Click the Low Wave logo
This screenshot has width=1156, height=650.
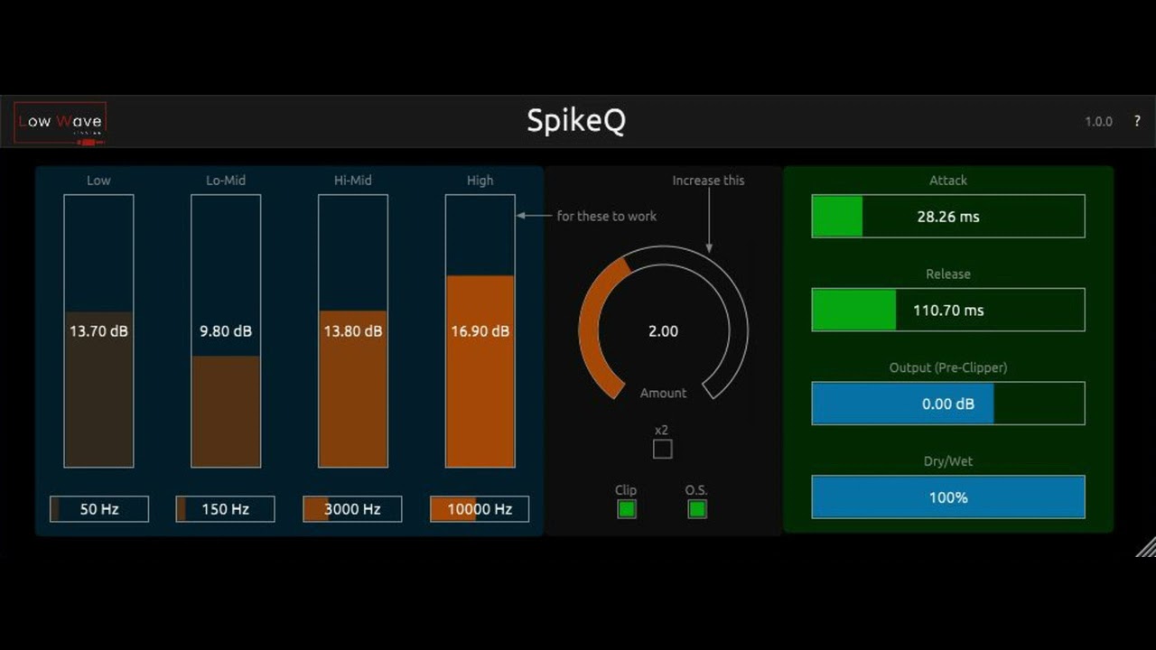pos(61,122)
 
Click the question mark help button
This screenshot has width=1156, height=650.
pos(1137,121)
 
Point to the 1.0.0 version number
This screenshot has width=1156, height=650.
pos(1098,122)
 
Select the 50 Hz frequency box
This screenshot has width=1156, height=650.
pos(99,509)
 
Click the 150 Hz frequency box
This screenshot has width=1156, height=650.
pos(226,509)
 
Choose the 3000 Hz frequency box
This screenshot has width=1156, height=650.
pos(352,509)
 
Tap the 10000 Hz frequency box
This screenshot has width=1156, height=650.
pos(480,509)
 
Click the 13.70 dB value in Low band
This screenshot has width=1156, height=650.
pos(98,331)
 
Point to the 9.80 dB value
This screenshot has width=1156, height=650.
pos(226,331)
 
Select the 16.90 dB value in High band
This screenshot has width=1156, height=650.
pos(480,331)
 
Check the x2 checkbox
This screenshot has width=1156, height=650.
pos(663,449)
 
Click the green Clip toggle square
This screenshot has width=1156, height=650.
pos(626,509)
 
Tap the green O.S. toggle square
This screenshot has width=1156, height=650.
pos(696,509)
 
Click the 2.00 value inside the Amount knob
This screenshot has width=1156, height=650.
pos(663,331)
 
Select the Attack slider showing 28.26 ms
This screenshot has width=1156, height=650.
pos(948,217)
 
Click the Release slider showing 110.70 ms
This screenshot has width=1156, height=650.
pos(948,311)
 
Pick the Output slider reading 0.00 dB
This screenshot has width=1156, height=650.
pos(948,404)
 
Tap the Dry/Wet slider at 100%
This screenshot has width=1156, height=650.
pos(948,497)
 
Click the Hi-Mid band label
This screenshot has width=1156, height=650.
pos(353,181)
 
